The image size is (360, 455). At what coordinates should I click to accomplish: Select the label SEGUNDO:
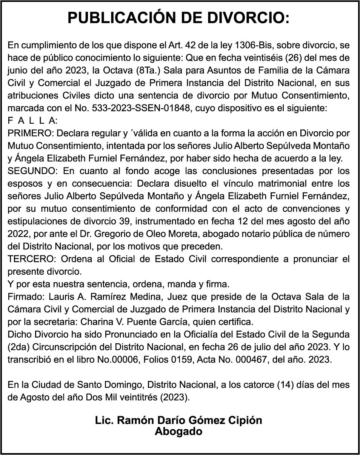32,171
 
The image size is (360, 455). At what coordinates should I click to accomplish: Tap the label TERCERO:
32,259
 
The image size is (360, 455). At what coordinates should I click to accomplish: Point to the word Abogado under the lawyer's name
178,431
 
